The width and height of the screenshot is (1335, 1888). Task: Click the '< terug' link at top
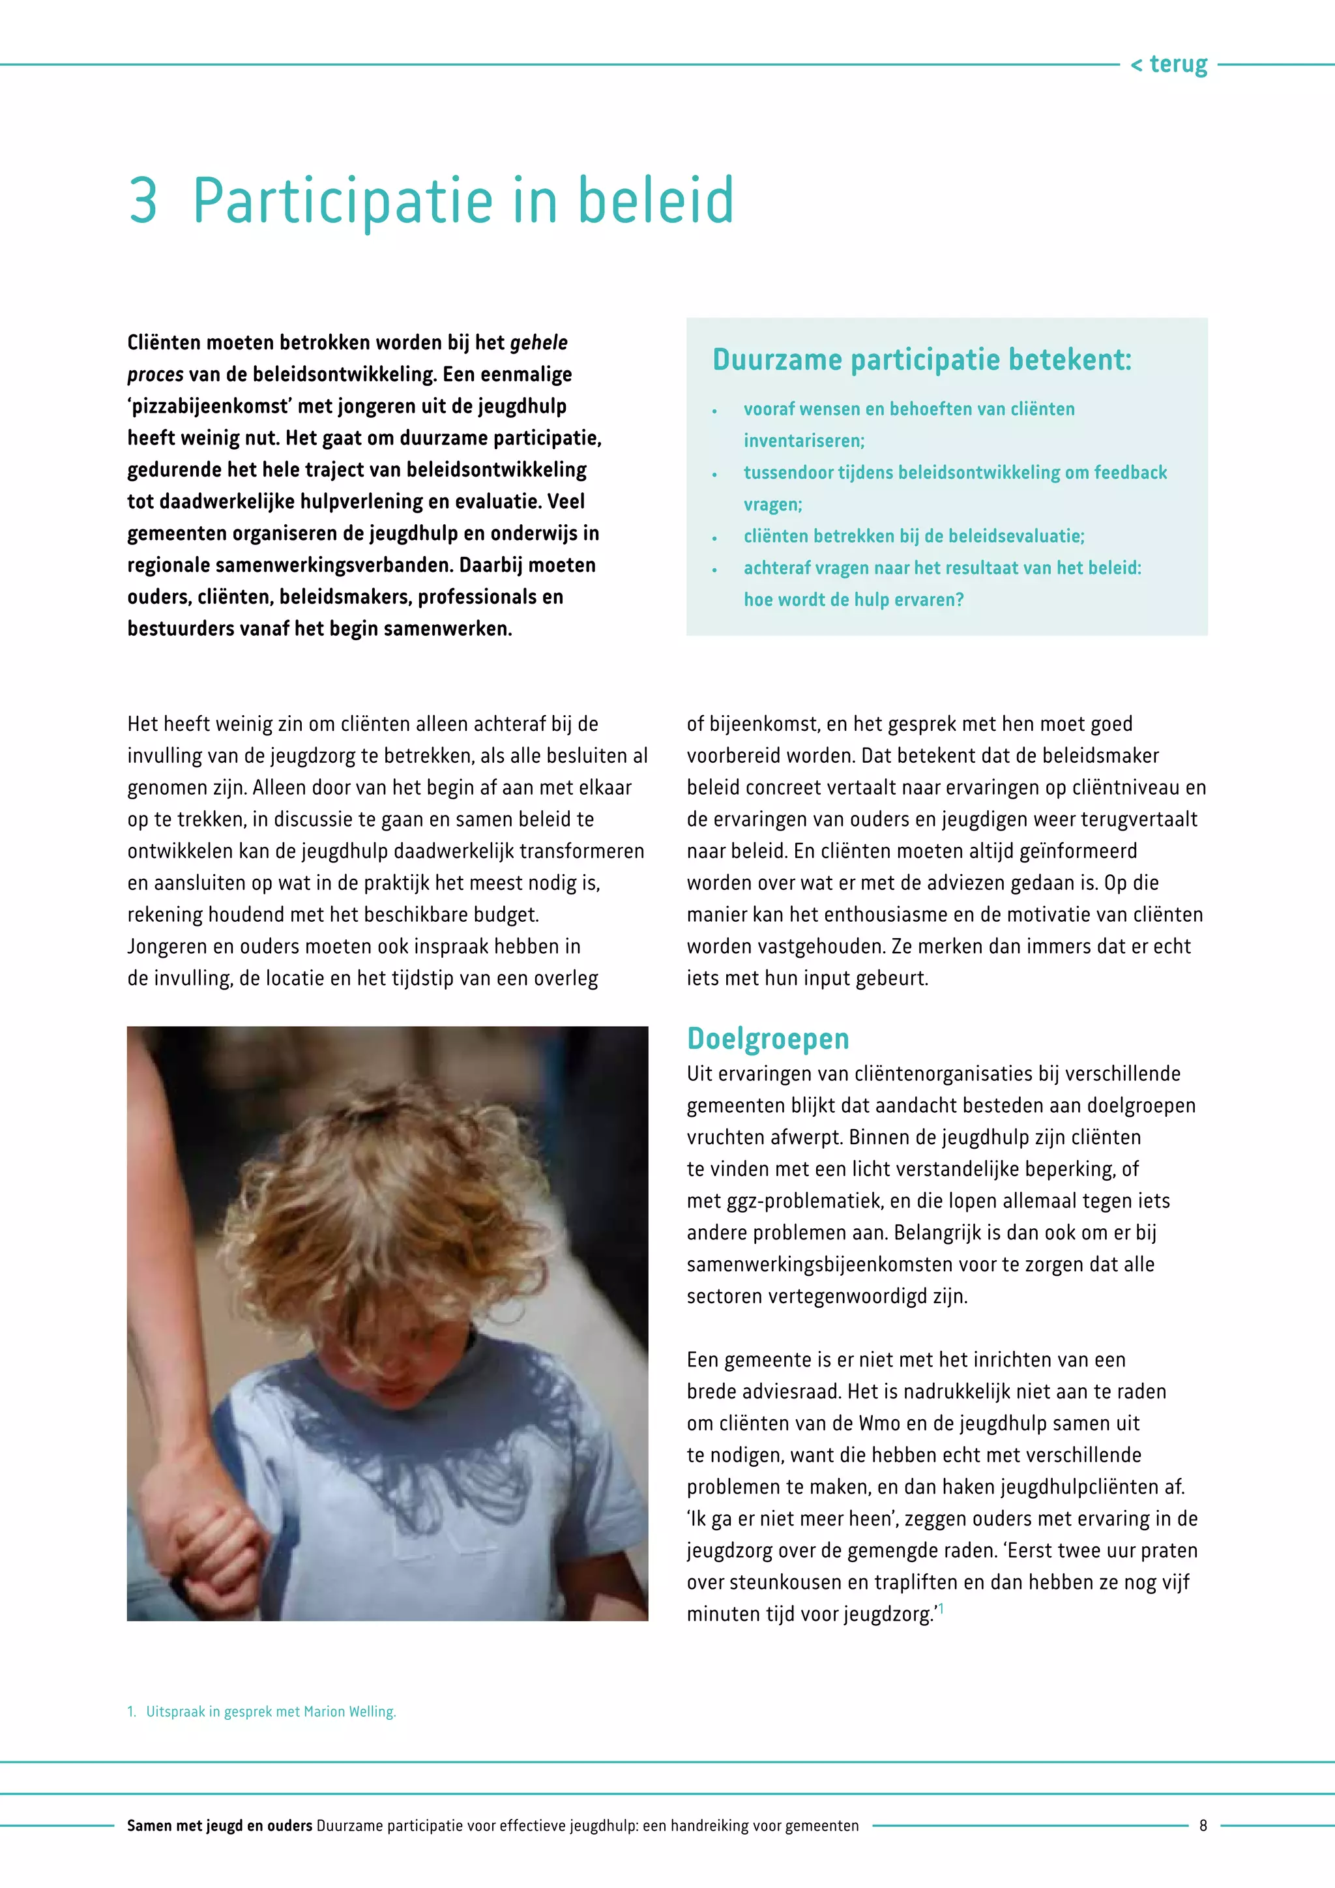(x=1169, y=64)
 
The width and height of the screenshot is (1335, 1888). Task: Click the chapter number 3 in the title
(x=143, y=200)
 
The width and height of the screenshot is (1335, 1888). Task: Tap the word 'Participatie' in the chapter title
(x=343, y=201)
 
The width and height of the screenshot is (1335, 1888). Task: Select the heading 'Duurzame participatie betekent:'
(x=922, y=359)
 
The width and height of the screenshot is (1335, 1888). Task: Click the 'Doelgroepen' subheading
(x=768, y=1039)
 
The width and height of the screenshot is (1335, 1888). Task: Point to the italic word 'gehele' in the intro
(x=538, y=343)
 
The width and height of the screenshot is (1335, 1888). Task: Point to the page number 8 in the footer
(x=1203, y=1825)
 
